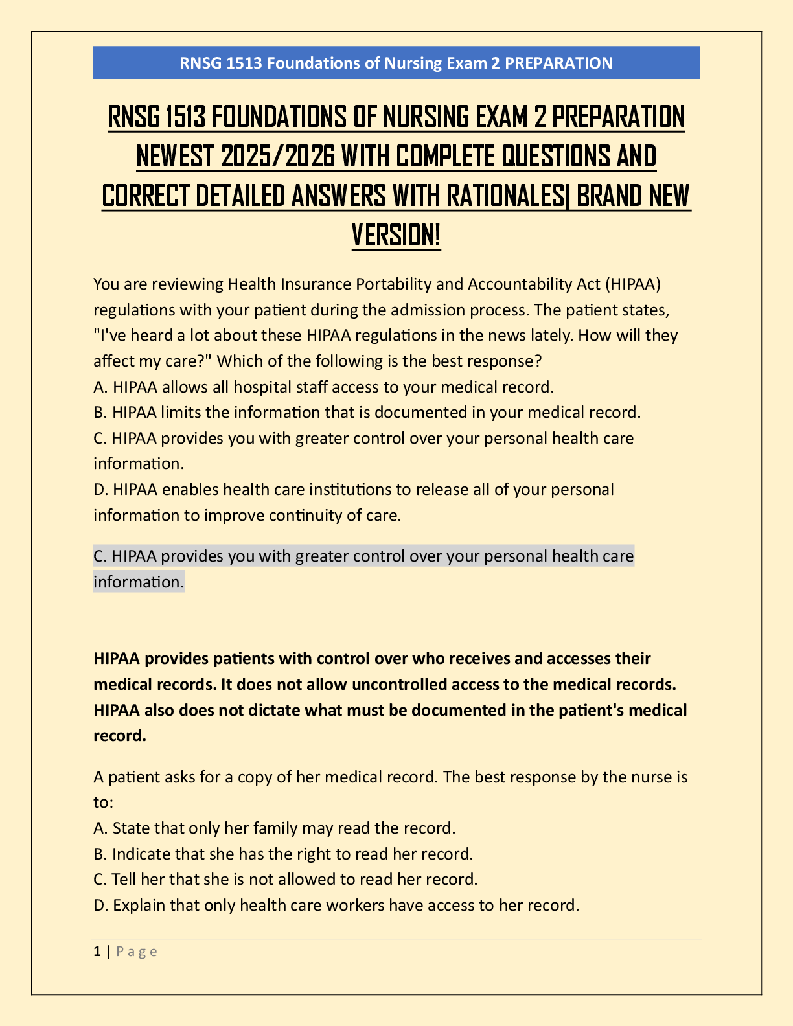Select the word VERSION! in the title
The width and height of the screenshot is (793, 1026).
[396, 234]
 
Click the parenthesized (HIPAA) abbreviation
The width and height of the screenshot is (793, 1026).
[633, 284]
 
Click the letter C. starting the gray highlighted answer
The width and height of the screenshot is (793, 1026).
[100, 556]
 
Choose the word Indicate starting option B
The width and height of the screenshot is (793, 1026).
[139, 854]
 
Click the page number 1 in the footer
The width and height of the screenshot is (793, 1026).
[97, 952]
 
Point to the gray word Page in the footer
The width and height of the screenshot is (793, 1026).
[137, 952]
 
